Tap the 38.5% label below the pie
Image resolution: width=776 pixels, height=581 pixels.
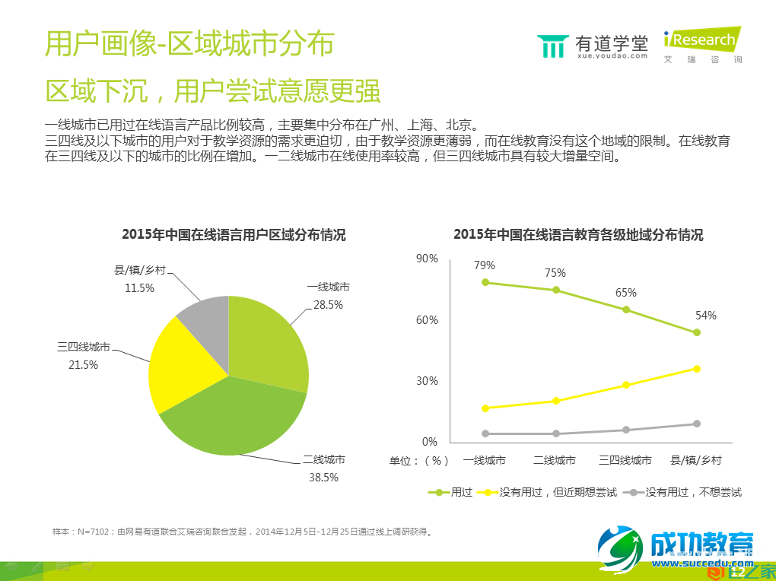point(323,478)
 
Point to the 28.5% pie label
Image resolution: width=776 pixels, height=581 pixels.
point(328,305)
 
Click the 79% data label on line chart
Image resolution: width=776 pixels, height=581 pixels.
point(485,265)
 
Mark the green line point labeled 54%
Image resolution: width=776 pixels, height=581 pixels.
point(696,332)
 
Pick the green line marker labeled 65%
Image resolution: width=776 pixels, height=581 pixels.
point(626,310)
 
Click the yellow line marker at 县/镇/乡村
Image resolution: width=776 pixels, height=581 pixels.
point(696,369)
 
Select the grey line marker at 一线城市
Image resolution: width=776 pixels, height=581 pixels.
point(485,433)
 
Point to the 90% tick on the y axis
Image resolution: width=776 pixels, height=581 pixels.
point(427,259)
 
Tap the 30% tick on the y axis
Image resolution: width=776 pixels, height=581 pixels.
point(427,381)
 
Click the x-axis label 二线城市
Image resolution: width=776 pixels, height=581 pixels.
point(555,460)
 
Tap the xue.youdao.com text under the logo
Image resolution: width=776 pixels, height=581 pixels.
point(612,56)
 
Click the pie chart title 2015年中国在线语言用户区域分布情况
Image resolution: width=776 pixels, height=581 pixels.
point(234,235)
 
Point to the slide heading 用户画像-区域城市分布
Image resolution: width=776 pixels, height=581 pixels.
point(189,44)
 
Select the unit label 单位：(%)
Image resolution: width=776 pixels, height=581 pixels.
point(419,460)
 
